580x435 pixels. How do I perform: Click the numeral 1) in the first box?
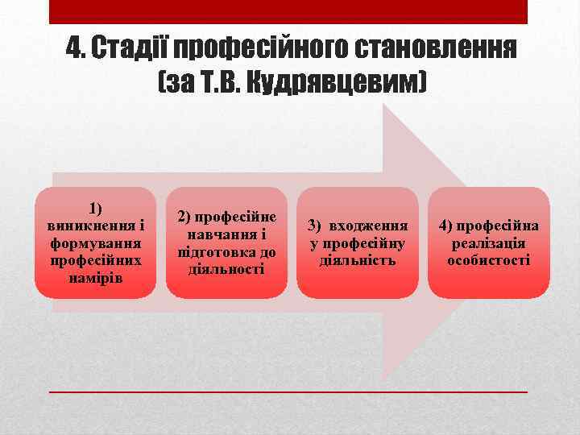(96, 209)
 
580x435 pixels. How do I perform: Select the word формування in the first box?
(96, 242)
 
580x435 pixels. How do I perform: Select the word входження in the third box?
(374, 226)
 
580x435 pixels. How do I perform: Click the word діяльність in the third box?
(358, 260)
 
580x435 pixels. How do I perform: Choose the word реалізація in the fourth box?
(489, 243)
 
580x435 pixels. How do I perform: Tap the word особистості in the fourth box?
(489, 260)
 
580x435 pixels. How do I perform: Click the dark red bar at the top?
(288, 11)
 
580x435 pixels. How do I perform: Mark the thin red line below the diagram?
(288, 391)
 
